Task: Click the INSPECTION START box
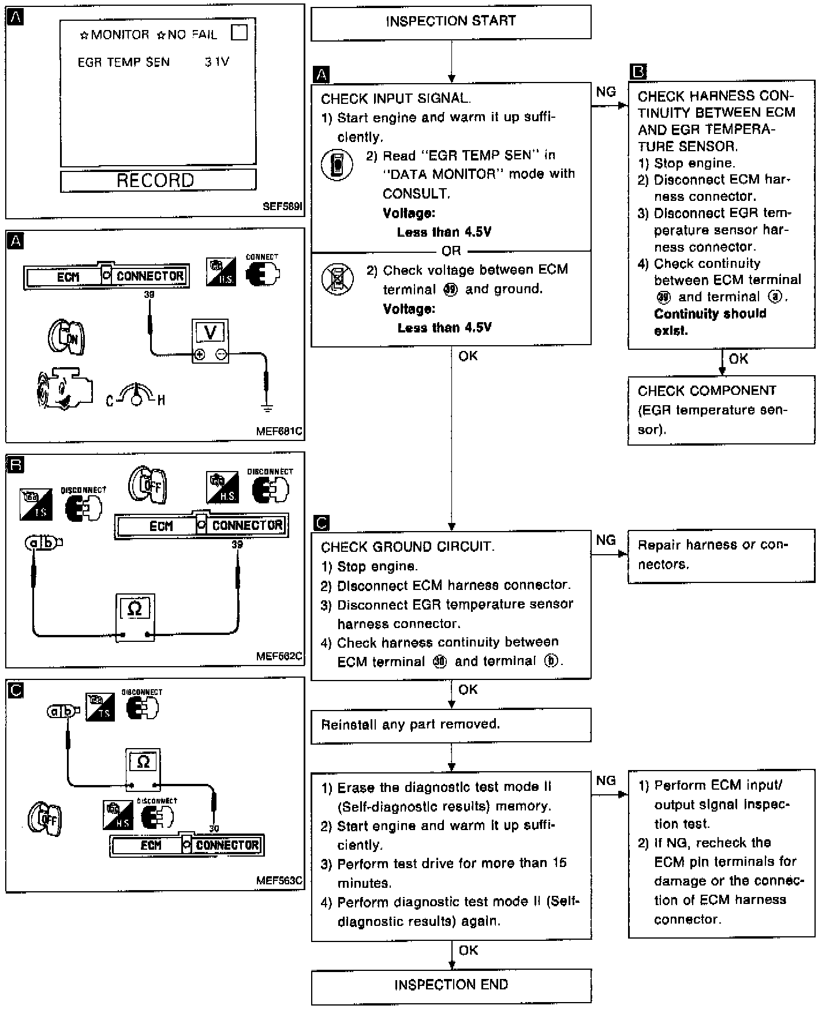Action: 451,22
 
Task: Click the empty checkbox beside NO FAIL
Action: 239,33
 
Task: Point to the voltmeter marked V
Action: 210,341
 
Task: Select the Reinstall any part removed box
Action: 451,724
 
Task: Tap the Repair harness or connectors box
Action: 721,555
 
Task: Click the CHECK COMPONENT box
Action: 721,410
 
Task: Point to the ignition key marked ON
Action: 66,337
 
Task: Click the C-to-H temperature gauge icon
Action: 136,396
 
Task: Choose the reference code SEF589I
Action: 282,207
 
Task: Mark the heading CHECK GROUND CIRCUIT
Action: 408,547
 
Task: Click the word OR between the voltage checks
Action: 451,251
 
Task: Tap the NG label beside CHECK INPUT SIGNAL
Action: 606,92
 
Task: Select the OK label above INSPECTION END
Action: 468,950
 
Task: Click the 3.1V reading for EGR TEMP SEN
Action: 217,62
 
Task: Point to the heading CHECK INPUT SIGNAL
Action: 395,99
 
